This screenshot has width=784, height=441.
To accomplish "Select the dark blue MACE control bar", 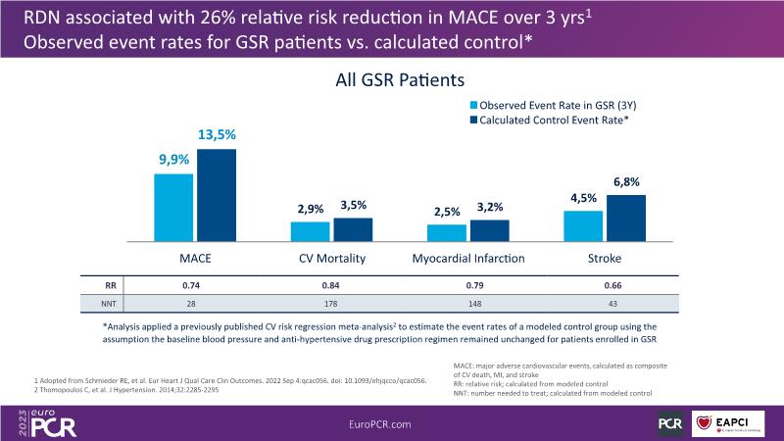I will click(x=217, y=195).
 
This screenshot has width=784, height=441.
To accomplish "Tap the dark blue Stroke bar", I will click(x=626, y=218).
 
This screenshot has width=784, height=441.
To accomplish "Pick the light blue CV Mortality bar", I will click(x=310, y=231).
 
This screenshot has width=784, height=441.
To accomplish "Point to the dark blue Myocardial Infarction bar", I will click(x=489, y=230).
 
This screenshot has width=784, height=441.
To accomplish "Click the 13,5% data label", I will click(x=217, y=135).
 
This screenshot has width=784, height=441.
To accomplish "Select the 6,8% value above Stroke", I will click(x=626, y=181).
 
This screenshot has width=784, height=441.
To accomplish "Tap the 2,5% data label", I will click(x=447, y=212).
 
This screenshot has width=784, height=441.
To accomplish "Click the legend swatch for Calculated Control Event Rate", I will click(x=473, y=119).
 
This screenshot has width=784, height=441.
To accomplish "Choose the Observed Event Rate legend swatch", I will click(x=473, y=103).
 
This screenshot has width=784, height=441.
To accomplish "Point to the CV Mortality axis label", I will click(x=331, y=259).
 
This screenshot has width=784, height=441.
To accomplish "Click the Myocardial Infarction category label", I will click(x=468, y=259).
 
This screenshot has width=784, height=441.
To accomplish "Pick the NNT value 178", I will click(x=331, y=305).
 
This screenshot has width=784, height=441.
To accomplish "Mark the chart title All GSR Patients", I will click(x=392, y=79).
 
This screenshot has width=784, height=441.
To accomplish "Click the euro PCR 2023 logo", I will click(x=47, y=421).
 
